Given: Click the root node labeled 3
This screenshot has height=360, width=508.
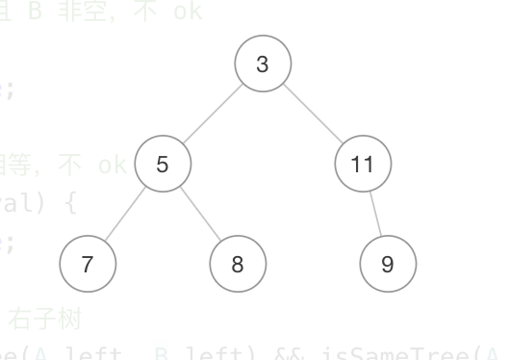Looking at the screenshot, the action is click(x=263, y=64).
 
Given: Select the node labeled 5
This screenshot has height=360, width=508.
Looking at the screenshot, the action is click(x=162, y=165).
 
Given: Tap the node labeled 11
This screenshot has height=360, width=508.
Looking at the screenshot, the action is click(x=363, y=165).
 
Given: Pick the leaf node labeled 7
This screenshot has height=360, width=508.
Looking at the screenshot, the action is click(x=88, y=264).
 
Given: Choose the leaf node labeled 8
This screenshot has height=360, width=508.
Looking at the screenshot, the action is click(x=238, y=264).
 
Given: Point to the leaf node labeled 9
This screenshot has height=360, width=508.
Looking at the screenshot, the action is click(x=388, y=264).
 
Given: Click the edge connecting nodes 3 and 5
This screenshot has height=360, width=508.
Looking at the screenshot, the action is click(x=213, y=115).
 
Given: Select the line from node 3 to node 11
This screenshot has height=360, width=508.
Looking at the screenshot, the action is click(x=313, y=115).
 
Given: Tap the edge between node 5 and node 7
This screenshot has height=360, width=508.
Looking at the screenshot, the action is click(x=125, y=214).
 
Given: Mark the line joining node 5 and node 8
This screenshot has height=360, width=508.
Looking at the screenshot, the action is click(x=200, y=214).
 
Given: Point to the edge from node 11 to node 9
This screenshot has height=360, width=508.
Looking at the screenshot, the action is click(x=375, y=214).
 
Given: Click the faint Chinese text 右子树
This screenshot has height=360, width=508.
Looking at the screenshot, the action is click(x=58, y=318).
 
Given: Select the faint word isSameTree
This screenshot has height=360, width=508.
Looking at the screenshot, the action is click(x=423, y=353).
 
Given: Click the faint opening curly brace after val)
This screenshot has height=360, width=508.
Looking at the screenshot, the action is click(x=68, y=204).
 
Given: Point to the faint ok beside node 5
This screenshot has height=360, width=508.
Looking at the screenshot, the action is click(x=112, y=166).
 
